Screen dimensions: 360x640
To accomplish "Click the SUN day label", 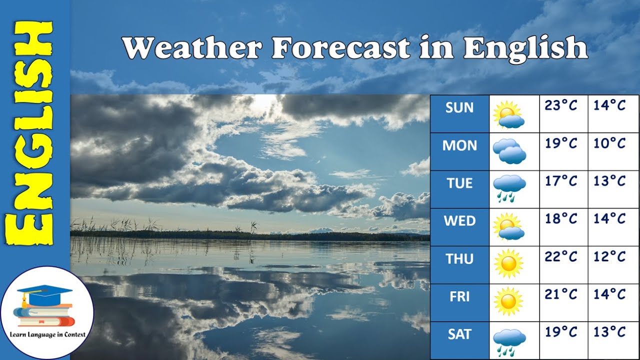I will pos(459,107).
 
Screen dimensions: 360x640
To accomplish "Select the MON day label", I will pos(459,145).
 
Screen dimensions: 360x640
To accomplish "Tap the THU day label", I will pos(459,259).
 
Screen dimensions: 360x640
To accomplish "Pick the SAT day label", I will pos(459,334).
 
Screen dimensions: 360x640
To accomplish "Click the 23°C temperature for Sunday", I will pos(561,105).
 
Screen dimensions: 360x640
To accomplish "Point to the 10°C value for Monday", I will pos(609,143).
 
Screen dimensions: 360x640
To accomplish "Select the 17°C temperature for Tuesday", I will pos(561,181).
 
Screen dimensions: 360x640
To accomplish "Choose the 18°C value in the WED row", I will pos(561,218).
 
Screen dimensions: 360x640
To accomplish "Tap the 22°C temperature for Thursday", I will pos(561,256).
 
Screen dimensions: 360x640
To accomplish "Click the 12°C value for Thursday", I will pos(609,256).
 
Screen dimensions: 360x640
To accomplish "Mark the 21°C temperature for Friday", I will pos(561,294).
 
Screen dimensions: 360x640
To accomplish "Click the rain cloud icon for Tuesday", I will pos(509,188).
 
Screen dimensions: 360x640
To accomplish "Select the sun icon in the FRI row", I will pos(508,301).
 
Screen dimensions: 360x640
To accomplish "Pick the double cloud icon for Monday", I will pos(509,151).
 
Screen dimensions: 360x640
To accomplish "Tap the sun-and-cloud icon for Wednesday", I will pos(508,226).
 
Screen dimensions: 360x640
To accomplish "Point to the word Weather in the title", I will pos(192,48).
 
